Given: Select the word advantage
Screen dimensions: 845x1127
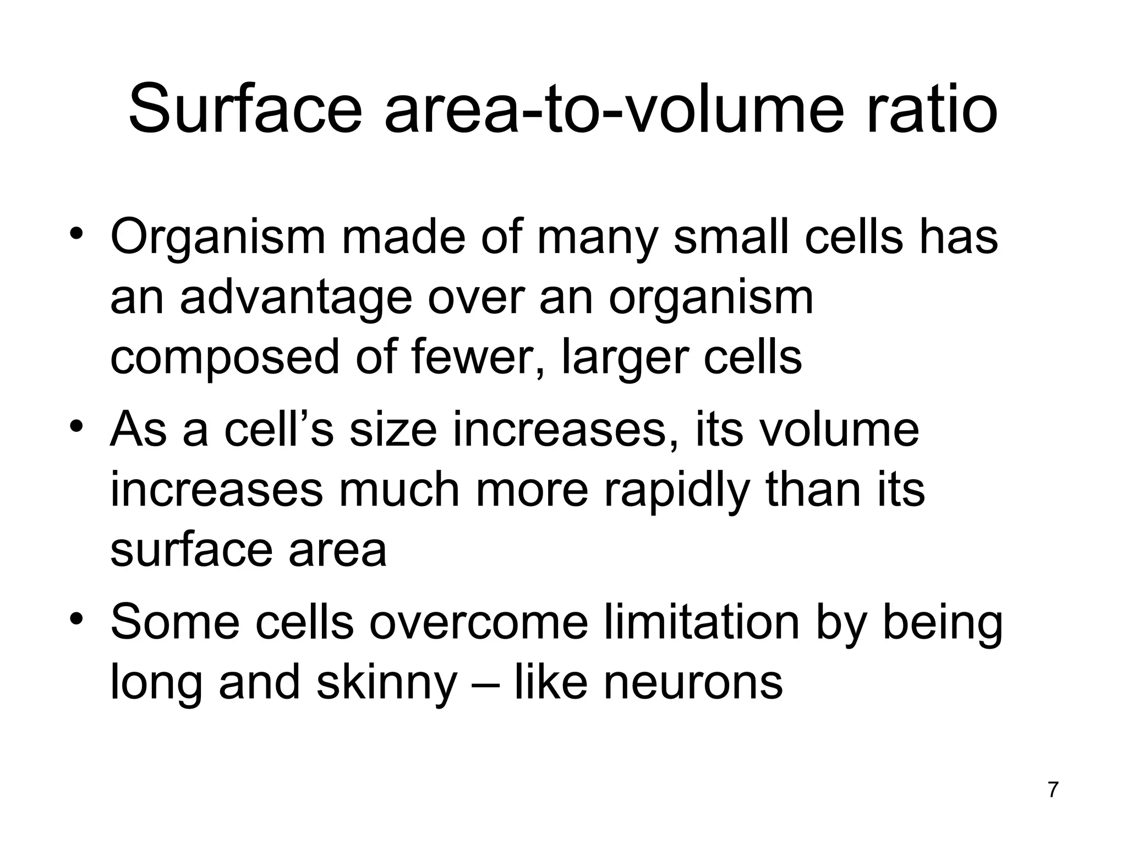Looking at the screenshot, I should [296, 298].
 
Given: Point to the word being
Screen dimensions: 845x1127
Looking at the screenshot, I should [943, 623].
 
